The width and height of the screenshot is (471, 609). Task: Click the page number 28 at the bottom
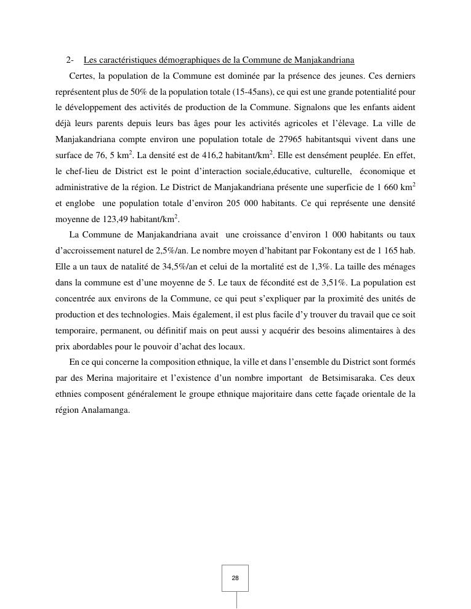pos(235,578)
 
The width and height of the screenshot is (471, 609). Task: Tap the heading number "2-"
pos(70,60)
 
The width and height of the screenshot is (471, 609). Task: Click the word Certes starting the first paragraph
pos(82,76)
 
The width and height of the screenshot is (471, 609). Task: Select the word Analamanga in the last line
pos(105,410)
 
